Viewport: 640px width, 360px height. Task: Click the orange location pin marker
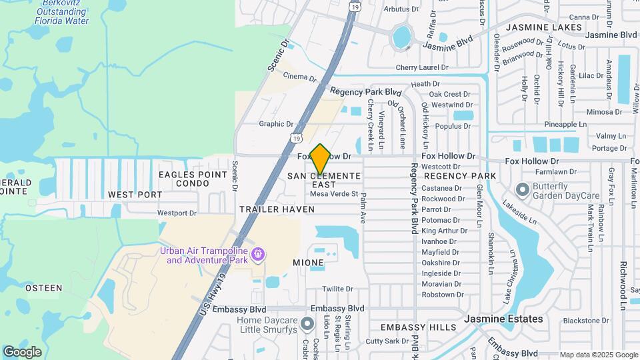321,159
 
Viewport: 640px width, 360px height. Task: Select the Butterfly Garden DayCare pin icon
523,191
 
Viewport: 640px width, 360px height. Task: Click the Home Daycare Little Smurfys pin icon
307,324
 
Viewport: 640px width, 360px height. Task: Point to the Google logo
22,351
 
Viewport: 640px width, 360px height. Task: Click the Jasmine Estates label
505,319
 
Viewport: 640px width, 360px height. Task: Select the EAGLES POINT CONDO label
183,179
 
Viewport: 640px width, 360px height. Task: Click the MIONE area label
309,263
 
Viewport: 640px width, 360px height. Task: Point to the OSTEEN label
43,289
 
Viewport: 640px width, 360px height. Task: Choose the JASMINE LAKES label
544,28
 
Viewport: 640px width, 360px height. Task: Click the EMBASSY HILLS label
418,327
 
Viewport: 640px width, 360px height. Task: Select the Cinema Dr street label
299,77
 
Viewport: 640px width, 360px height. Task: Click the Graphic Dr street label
276,124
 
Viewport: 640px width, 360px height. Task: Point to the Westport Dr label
177,213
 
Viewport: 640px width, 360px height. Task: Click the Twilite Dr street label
337,289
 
